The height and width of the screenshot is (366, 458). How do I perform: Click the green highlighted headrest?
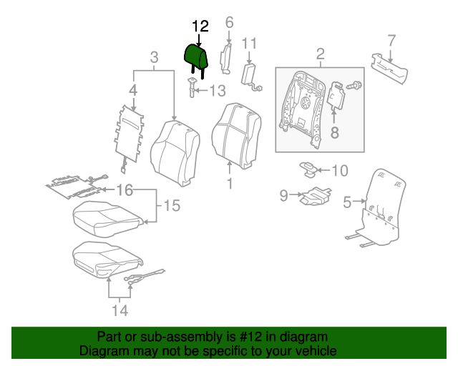click(x=195, y=55)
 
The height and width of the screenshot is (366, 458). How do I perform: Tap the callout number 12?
click(x=200, y=26)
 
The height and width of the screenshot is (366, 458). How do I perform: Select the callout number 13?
click(x=217, y=91)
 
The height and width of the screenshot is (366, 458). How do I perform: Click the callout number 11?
click(x=249, y=44)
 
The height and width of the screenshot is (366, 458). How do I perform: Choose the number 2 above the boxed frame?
click(x=320, y=54)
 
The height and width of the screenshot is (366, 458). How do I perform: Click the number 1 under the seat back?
click(x=230, y=184)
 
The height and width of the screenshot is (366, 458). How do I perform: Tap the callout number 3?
click(x=153, y=57)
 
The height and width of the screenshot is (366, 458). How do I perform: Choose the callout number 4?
click(x=132, y=90)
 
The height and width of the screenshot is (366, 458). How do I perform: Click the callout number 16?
click(x=125, y=189)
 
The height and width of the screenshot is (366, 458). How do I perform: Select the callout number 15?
click(x=172, y=207)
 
